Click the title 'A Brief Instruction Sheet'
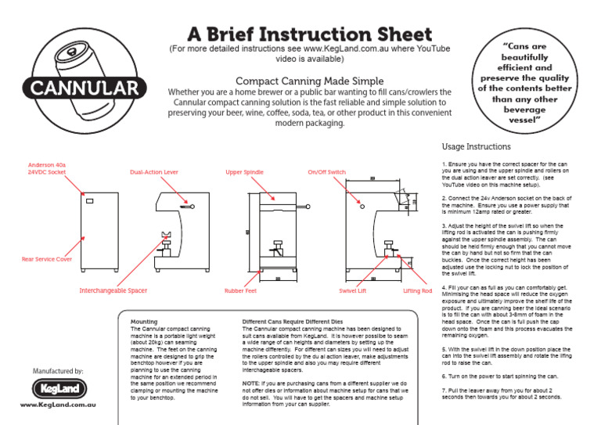pyautogui.click(x=310, y=35)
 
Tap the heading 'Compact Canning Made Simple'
pyautogui.click(x=310, y=81)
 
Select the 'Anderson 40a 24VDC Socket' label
pyautogui.click(x=48, y=168)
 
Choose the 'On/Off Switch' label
pyautogui.click(x=326, y=171)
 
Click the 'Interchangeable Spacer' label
pyautogui.click(x=113, y=290)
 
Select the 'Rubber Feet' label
pyautogui.click(x=240, y=290)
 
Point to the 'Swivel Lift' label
pyautogui.click(x=352, y=290)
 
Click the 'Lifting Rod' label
pyautogui.click(x=417, y=290)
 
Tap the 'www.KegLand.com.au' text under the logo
pyautogui.click(x=58, y=405)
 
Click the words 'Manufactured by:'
pyautogui.click(x=58, y=370)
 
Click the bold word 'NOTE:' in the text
pyautogui.click(x=251, y=381)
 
